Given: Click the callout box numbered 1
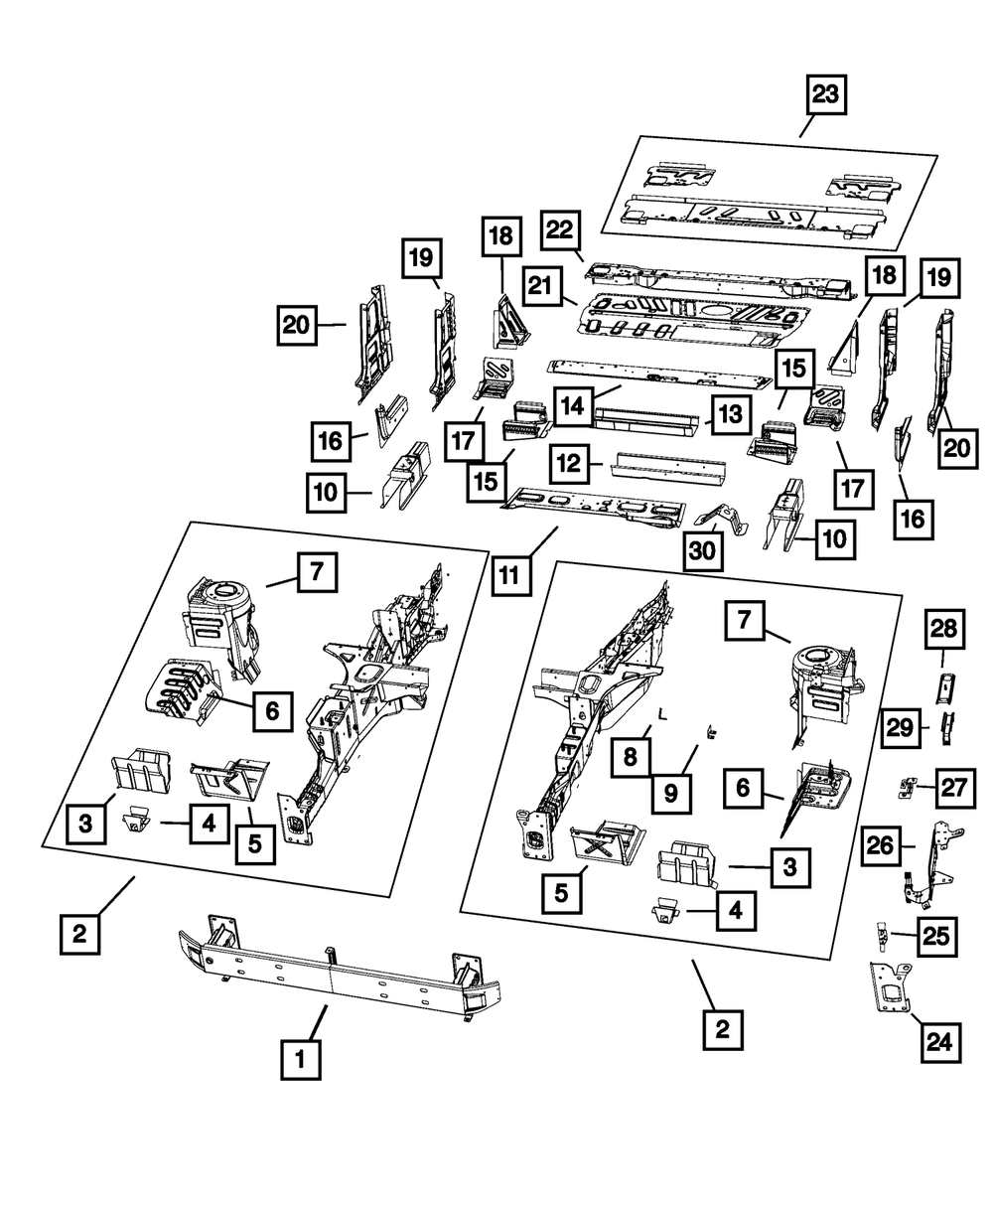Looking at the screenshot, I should click(300, 1061).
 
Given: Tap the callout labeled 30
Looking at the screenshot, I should click(704, 549).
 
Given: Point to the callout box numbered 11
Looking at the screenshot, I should click(509, 573).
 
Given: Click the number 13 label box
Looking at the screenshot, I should click(729, 414).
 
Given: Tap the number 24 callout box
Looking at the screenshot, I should click(939, 1042).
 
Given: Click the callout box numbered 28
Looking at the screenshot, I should click(945, 629).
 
